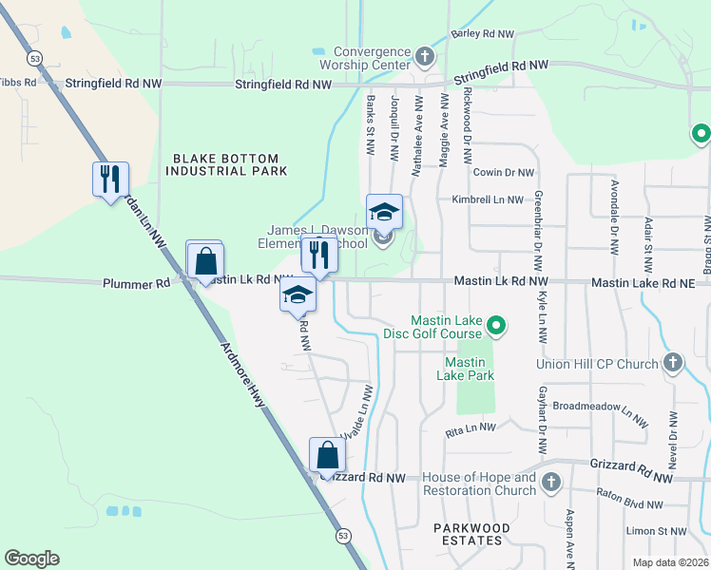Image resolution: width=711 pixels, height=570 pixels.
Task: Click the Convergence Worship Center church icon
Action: (425, 57)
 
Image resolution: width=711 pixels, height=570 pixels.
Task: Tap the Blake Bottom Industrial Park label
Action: (226, 165)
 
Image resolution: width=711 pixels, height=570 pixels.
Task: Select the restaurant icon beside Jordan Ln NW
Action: (110, 178)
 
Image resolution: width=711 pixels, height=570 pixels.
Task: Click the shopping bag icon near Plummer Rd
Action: (204, 260)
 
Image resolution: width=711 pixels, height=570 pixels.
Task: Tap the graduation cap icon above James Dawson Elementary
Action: (384, 212)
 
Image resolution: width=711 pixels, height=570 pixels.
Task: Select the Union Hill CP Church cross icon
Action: (672, 362)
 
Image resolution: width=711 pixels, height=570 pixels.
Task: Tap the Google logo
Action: (31, 558)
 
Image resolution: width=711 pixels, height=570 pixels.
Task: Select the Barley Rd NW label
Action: (482, 34)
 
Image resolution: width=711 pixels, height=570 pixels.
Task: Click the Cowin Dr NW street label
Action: (503, 173)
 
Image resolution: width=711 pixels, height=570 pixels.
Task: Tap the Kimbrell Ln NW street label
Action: (488, 200)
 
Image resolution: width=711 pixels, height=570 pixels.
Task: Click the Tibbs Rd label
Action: (18, 82)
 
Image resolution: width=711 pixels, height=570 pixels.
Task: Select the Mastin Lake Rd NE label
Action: (648, 283)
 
